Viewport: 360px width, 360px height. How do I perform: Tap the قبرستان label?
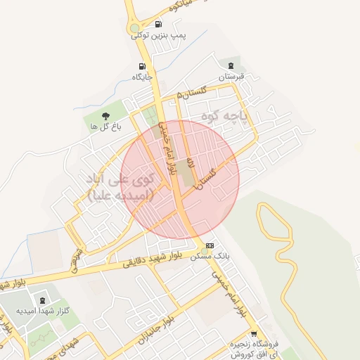coord(230,76)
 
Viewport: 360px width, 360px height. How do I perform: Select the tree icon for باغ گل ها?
coord(105,116)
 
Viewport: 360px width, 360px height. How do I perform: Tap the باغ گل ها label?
coord(105,127)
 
